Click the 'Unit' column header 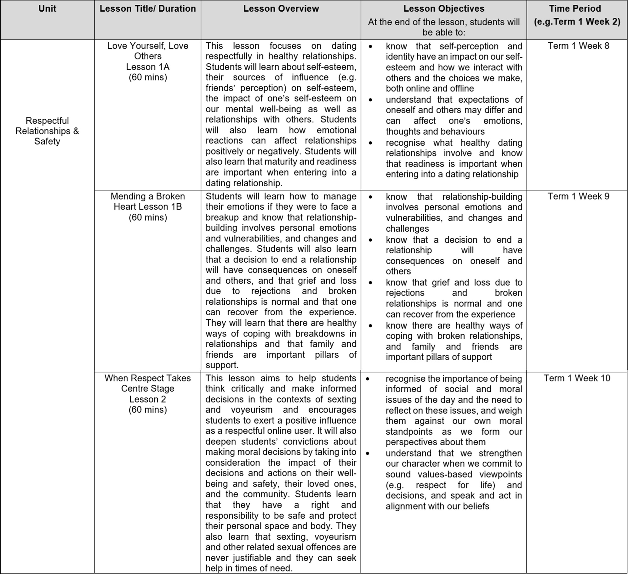[47, 8]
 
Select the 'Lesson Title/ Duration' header [147, 8]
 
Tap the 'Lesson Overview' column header [281, 8]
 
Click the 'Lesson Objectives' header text [444, 8]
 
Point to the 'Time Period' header [577, 8]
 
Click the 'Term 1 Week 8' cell [578, 46]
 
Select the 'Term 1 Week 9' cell [578, 196]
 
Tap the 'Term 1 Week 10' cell [577, 378]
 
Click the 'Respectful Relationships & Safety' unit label [47, 131]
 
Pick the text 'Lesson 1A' [148, 67]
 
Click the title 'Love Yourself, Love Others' [148, 51]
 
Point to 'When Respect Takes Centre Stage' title [148, 383]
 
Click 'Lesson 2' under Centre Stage [148, 399]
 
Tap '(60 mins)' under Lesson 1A [148, 77]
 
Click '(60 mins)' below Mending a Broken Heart [148, 217]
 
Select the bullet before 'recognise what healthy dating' [370, 143]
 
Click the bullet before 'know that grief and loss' [370, 283]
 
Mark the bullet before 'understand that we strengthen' [367, 453]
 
